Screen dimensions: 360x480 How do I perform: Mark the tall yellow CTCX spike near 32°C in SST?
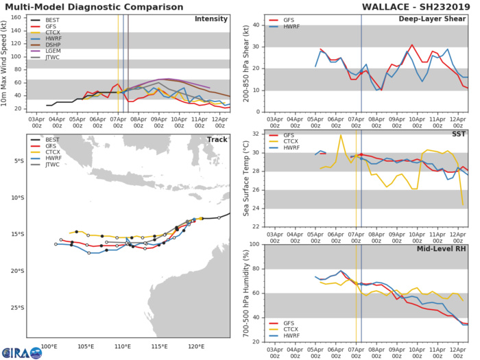341,136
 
